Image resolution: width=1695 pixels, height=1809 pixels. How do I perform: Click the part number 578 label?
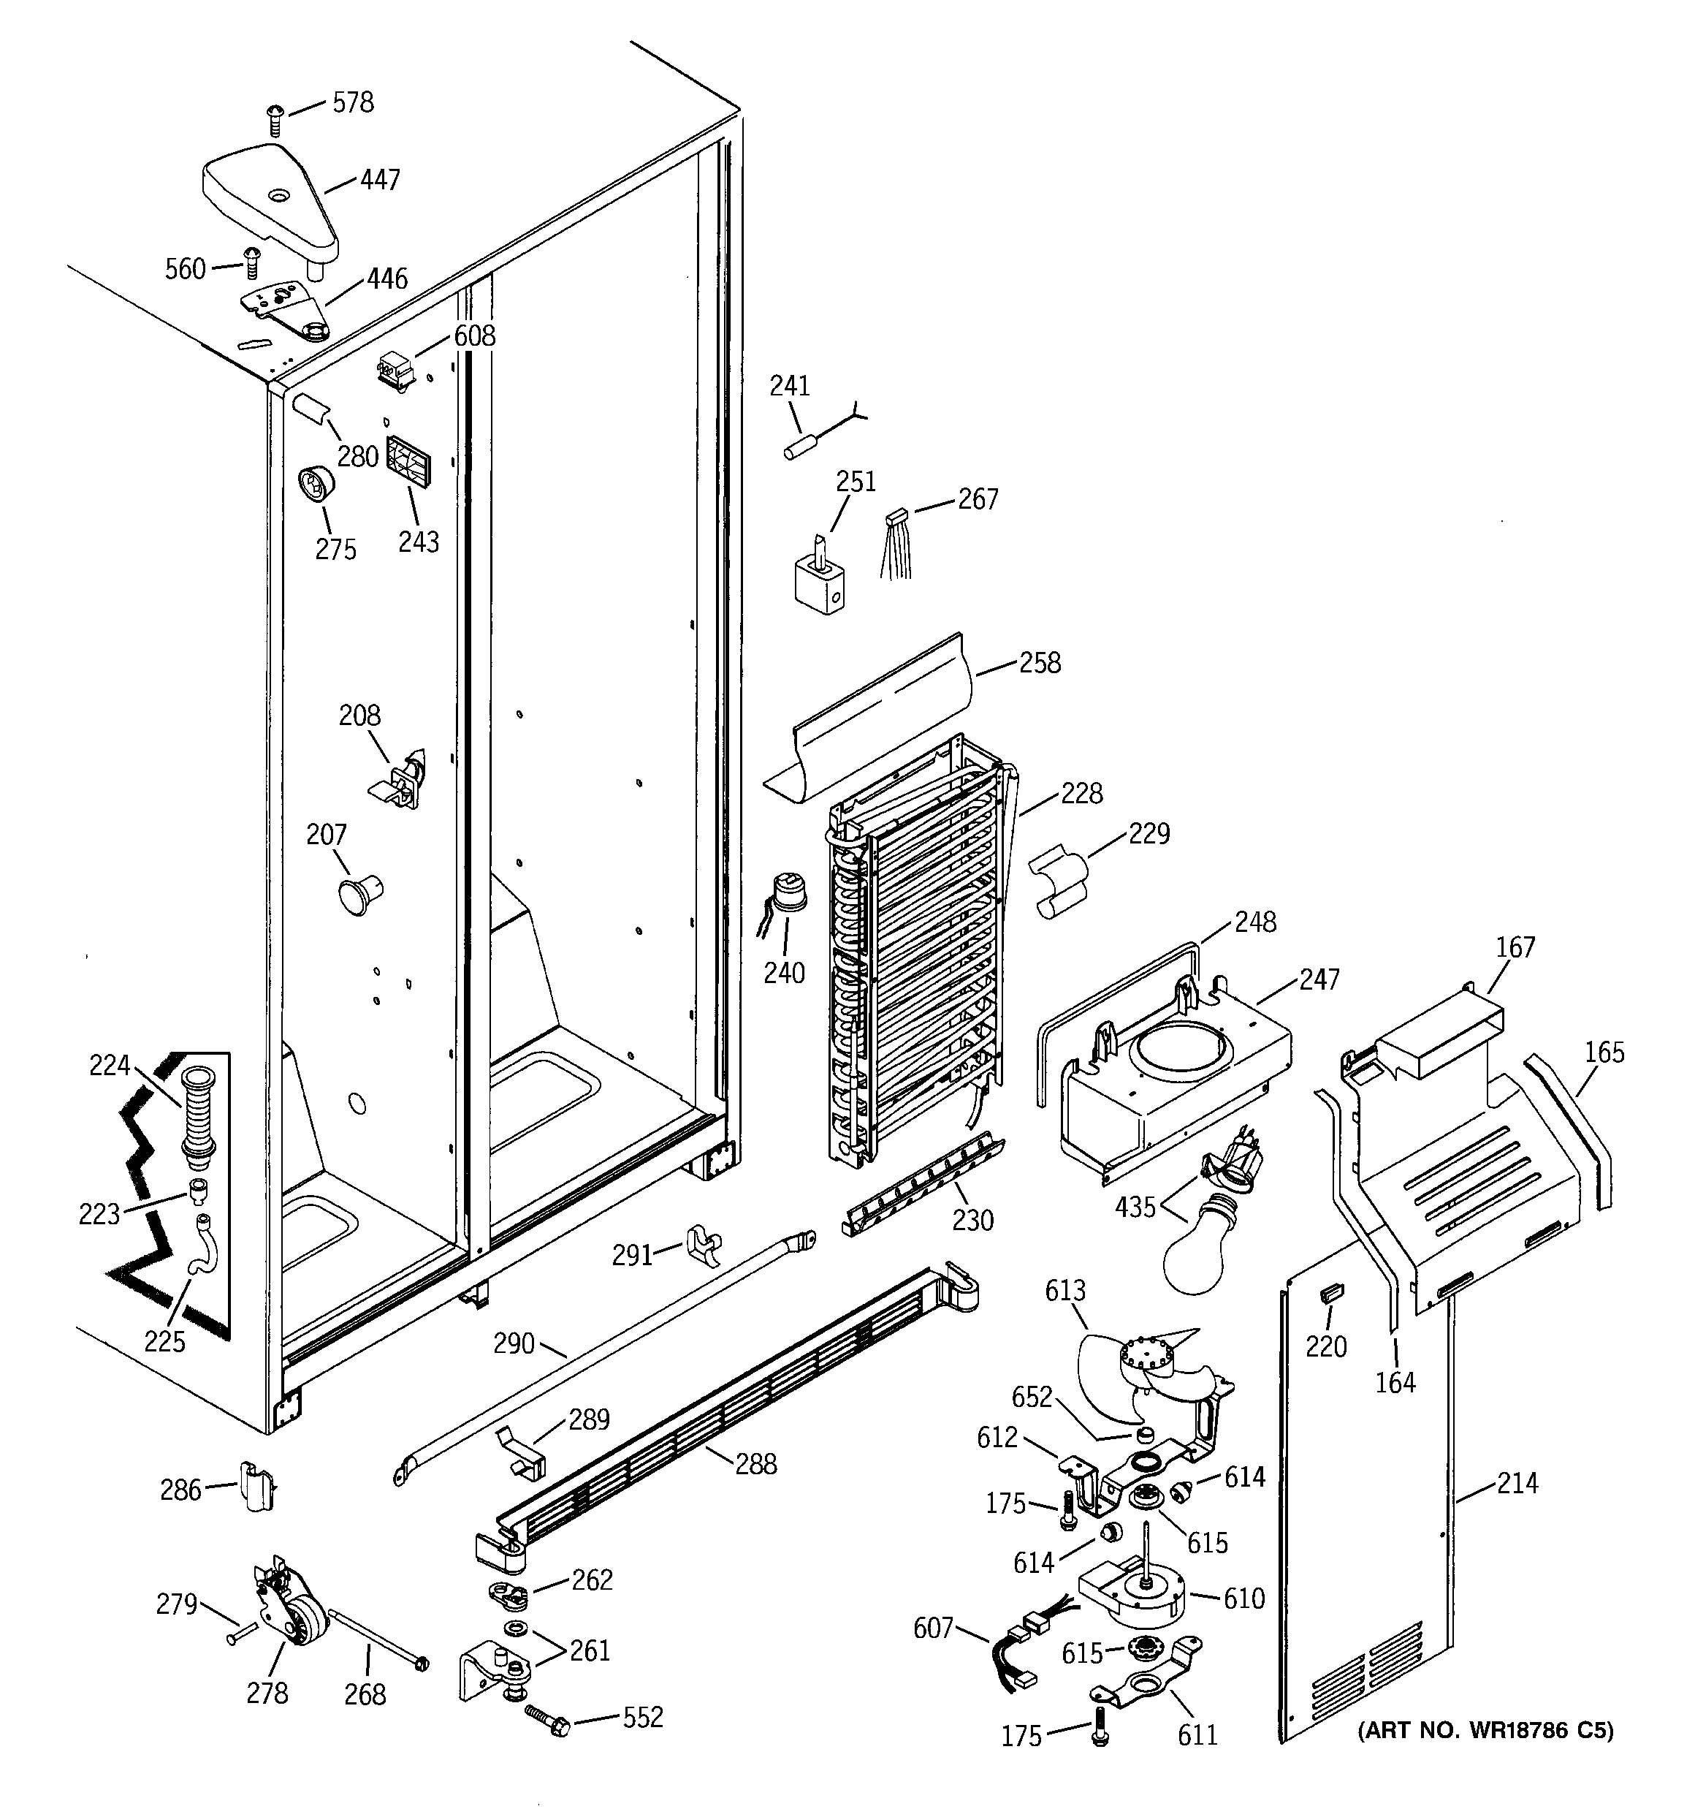point(353,103)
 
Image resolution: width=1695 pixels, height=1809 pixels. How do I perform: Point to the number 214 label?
point(1517,1483)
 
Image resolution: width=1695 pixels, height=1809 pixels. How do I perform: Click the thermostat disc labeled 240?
point(788,892)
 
